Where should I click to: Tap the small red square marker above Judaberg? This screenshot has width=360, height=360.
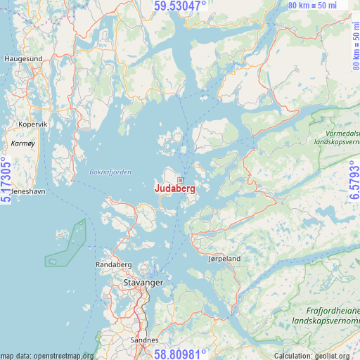(x=180, y=180)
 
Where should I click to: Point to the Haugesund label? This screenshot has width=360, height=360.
(x=23, y=59)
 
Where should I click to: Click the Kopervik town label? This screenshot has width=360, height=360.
(x=32, y=124)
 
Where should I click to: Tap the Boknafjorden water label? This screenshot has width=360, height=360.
(x=110, y=172)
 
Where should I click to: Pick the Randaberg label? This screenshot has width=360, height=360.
(x=113, y=264)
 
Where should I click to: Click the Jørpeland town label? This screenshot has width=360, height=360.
(x=225, y=259)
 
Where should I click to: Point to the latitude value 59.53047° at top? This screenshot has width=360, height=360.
(x=180, y=6)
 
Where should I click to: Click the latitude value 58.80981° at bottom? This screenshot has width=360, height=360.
(x=180, y=354)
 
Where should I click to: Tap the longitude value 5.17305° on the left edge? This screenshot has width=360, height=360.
(x=7, y=180)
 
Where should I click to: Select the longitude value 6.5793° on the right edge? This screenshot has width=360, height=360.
(x=354, y=180)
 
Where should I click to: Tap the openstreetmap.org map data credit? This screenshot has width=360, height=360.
(x=46, y=356)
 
